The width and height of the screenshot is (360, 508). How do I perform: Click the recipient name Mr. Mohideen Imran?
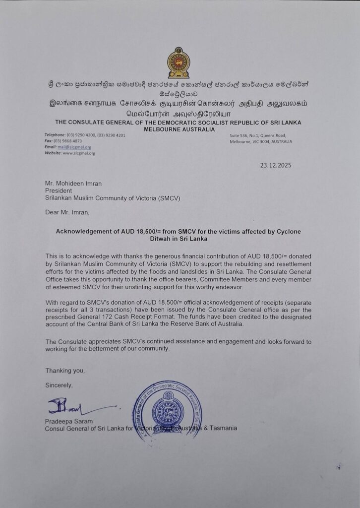point(73,184)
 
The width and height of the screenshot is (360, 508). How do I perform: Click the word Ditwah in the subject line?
point(160,239)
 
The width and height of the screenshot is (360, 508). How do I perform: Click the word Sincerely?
point(59,385)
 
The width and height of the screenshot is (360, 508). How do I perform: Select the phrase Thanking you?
point(61,371)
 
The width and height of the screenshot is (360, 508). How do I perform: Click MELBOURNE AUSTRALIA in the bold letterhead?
point(179,129)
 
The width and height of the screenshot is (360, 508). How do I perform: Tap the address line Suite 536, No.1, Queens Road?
point(258,135)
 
